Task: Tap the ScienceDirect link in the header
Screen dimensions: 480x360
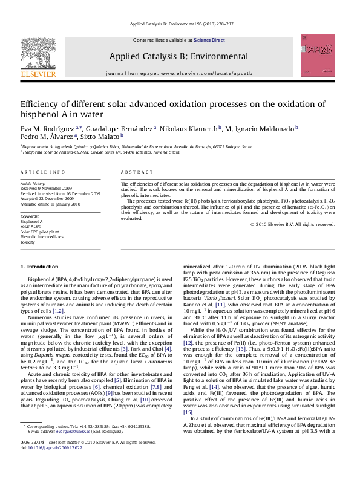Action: click(x=209, y=40)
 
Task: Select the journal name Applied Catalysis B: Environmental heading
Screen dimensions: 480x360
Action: click(x=178, y=57)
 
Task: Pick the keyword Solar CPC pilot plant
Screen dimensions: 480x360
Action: click(x=40, y=232)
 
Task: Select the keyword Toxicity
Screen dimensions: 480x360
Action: click(x=28, y=241)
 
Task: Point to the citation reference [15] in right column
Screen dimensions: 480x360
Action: click(x=188, y=412)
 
